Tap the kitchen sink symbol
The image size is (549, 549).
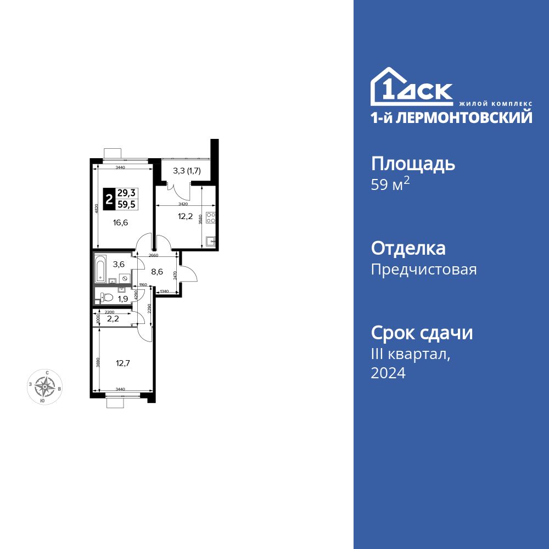pos(210,240)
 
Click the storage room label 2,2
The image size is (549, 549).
pos(113,318)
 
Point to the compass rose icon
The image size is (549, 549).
pos(44,387)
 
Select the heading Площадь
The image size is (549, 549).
pos(413,163)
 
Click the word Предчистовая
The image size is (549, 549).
pos(424,270)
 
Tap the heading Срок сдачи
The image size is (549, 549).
pos(422,333)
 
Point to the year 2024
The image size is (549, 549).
pos(388,373)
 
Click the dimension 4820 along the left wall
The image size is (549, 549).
pos(96,209)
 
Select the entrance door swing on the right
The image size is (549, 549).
pos(189,273)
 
